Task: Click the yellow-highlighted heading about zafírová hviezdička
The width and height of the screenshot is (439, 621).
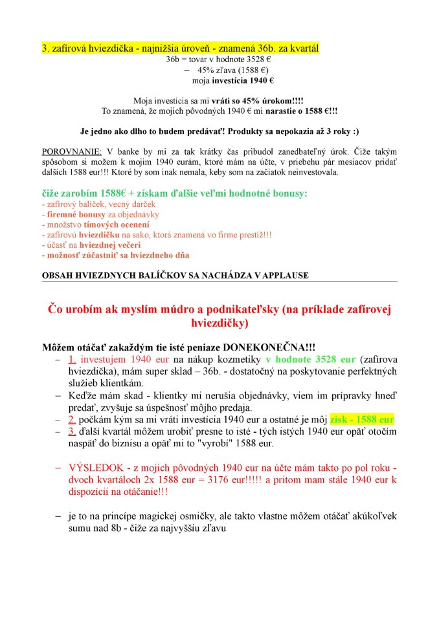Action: point(180,49)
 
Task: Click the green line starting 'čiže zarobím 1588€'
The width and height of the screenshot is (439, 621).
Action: point(174,193)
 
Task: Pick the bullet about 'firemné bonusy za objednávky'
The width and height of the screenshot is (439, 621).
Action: point(100,214)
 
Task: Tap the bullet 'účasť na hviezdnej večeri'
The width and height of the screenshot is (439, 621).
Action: point(91,245)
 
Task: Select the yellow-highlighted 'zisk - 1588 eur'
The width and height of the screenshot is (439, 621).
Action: point(362,420)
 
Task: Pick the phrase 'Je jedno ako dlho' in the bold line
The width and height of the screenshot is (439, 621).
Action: point(114,130)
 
